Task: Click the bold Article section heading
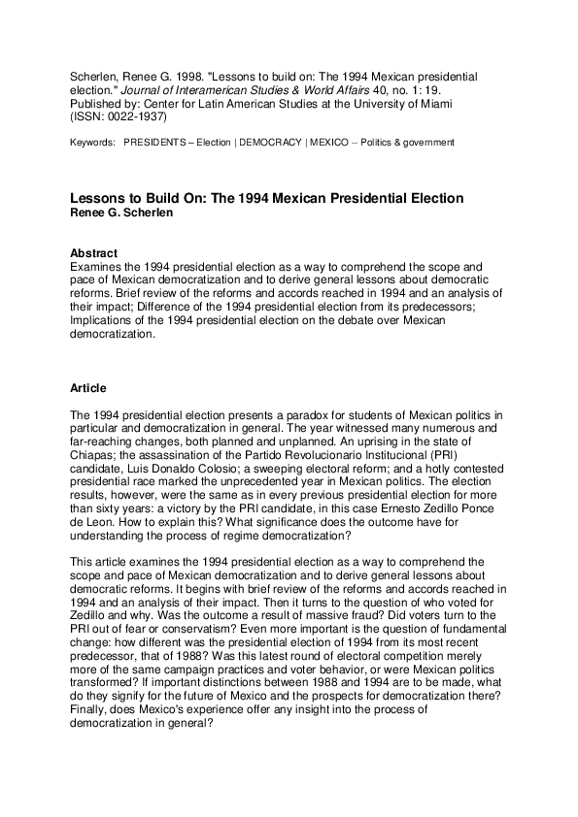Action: [x=87, y=387]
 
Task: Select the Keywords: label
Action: [x=93, y=143]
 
